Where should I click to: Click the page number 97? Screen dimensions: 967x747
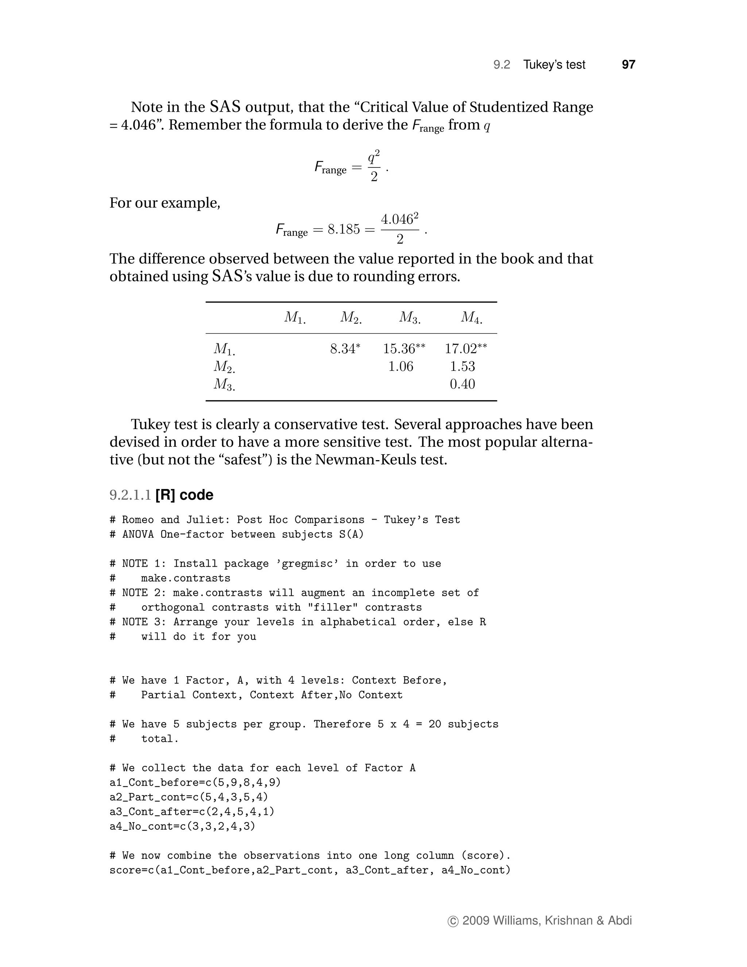(x=628, y=65)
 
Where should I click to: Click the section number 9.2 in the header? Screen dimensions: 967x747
(x=502, y=65)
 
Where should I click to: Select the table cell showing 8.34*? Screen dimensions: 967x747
(x=345, y=349)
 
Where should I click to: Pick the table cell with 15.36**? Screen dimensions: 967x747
(x=404, y=349)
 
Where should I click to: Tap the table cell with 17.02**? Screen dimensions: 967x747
(x=465, y=349)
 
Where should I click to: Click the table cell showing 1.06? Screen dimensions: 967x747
(x=400, y=367)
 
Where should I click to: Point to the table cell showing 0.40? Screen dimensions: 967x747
(x=462, y=384)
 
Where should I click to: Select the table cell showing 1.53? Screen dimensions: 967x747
(x=462, y=367)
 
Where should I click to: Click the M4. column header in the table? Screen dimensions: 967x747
(x=471, y=317)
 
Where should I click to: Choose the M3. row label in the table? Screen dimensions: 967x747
(x=224, y=384)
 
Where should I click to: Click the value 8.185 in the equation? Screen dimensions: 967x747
(x=343, y=230)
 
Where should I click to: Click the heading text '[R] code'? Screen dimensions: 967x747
(x=184, y=495)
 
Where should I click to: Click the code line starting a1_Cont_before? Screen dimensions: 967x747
(x=195, y=782)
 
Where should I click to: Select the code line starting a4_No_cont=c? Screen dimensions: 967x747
(x=182, y=826)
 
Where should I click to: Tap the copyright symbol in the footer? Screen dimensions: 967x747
(x=453, y=921)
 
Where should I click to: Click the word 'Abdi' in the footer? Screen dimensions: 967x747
(x=620, y=921)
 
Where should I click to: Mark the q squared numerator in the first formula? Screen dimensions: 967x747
(x=373, y=157)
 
